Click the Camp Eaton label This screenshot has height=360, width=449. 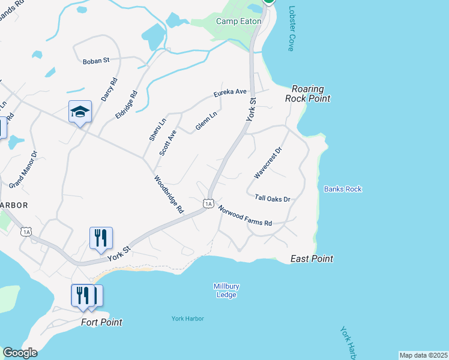point(238,21)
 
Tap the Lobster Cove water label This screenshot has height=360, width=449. point(292,29)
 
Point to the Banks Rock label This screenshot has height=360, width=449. point(343,189)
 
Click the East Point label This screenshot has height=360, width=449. point(312,259)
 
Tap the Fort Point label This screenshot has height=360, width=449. point(101,322)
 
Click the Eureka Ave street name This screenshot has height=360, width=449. point(231,92)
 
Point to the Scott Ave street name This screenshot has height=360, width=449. point(167,142)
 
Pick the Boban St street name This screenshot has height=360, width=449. point(96,61)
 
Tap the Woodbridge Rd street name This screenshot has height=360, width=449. point(168,194)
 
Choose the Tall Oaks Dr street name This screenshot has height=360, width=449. point(273,198)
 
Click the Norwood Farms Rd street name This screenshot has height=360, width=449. point(245,215)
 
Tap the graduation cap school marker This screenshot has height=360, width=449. point(80,112)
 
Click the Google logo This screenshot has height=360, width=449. point(20,353)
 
